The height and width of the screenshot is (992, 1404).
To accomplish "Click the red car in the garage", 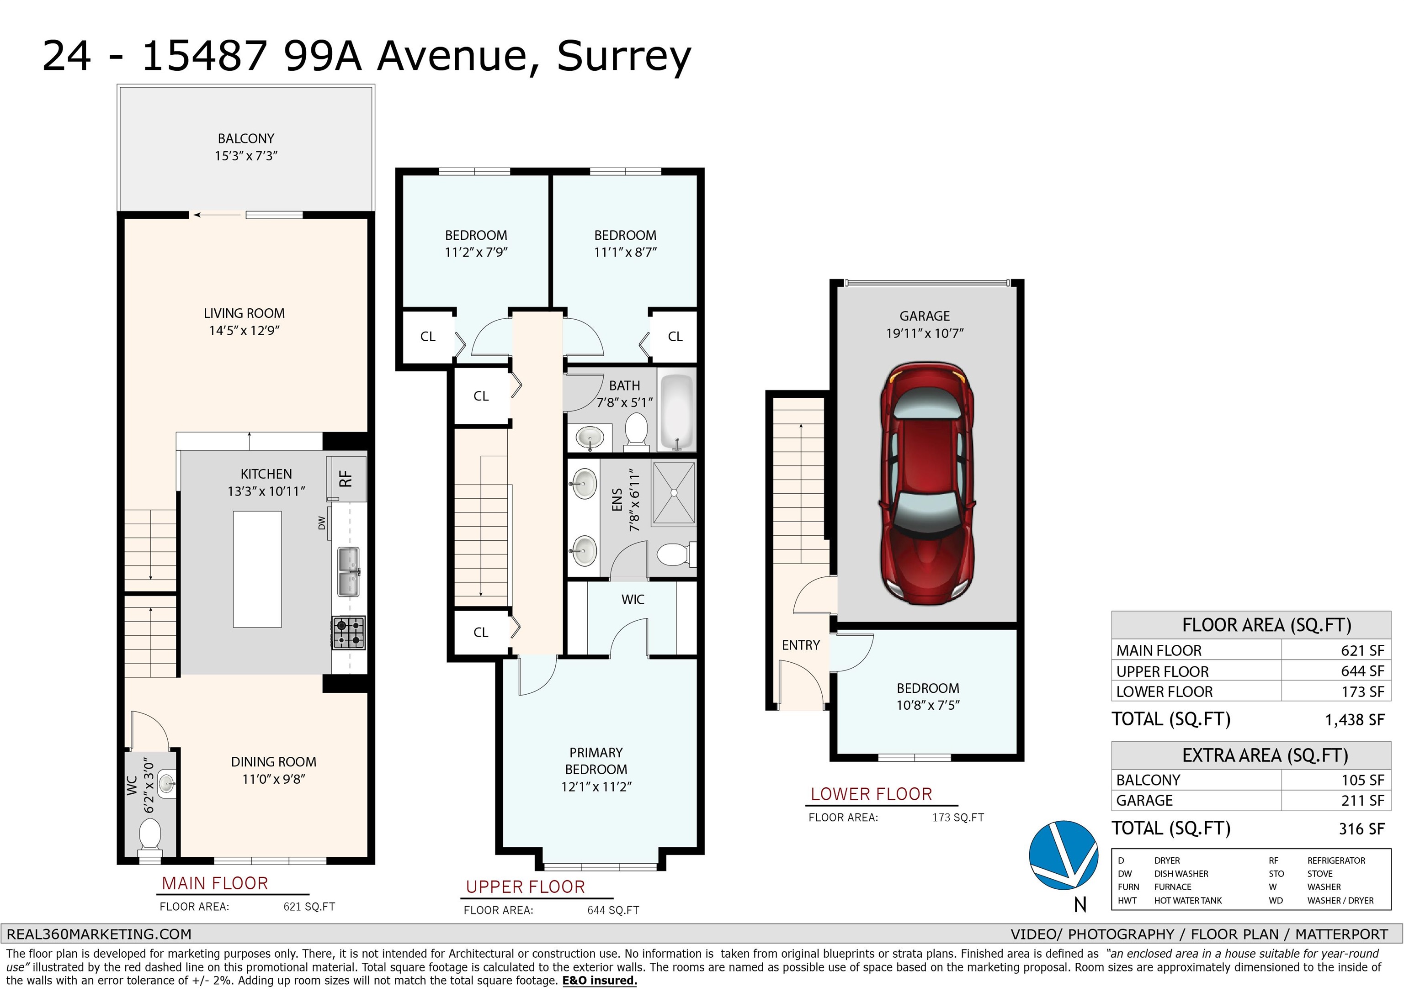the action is [926, 483].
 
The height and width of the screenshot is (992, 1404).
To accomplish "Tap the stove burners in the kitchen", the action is [349, 633].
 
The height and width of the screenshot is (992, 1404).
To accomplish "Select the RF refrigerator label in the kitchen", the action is [346, 478].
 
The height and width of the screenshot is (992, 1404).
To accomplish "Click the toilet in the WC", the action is [150, 834].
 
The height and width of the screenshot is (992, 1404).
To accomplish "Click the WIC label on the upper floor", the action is [633, 600].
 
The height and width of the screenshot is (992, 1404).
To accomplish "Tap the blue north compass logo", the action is [1064, 855].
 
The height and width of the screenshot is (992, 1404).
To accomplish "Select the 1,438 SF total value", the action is [1355, 720].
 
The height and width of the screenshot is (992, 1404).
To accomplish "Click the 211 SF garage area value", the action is [1362, 801].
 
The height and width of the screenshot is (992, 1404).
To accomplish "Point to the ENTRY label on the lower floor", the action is [800, 645].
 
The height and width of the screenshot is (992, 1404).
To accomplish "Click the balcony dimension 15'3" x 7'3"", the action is [246, 156].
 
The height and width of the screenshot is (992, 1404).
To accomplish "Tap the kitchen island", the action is [257, 569].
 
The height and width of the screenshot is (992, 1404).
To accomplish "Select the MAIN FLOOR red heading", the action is [215, 883].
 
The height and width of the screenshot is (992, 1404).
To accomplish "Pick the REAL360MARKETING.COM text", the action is [99, 934].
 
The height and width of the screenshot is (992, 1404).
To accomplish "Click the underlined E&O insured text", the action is [599, 981].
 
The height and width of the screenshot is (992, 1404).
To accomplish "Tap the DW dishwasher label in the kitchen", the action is [322, 522].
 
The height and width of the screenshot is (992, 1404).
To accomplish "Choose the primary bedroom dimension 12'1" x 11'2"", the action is [596, 786].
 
